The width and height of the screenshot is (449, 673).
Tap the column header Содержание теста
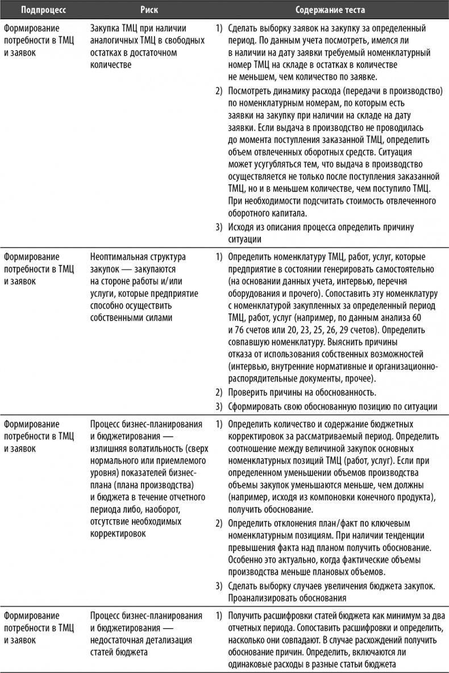coord(330,10)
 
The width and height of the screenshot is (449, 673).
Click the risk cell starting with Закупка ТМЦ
coord(139,46)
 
